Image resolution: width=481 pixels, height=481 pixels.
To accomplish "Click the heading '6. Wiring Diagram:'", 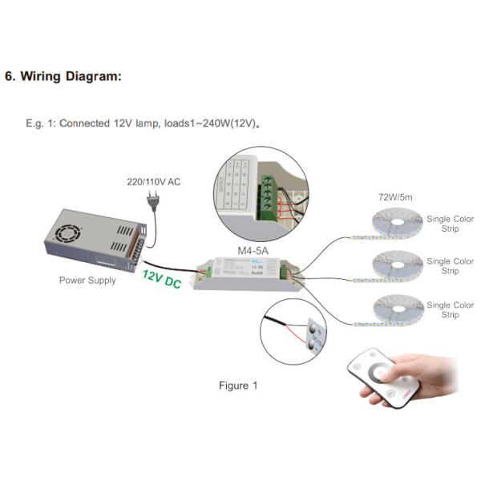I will [63, 77].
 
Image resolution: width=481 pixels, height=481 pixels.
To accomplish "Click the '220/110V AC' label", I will [154, 182].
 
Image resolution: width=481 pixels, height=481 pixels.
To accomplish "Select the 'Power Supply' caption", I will [87, 281].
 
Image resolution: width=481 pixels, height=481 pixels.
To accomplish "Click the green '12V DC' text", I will [161, 280].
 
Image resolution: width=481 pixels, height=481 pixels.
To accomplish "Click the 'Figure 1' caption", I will [239, 386].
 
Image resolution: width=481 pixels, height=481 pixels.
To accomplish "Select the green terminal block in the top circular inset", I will [273, 192].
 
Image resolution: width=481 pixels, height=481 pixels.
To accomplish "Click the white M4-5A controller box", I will [249, 273].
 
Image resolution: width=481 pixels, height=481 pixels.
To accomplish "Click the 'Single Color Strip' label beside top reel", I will [450, 222].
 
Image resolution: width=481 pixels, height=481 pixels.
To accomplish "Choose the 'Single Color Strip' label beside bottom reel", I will [450, 309].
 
